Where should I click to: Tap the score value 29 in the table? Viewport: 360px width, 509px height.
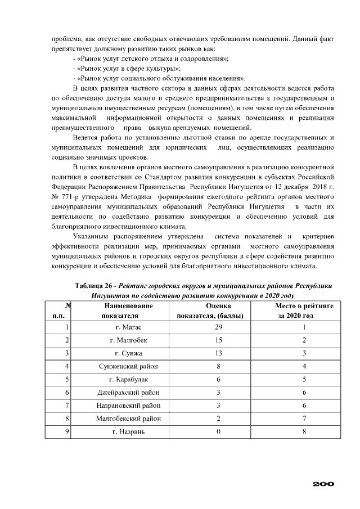click(x=210, y=327)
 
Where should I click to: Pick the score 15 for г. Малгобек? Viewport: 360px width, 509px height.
click(x=210, y=340)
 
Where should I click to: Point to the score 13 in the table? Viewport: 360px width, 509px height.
click(x=210, y=353)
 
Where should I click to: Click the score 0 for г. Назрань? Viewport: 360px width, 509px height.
click(x=210, y=431)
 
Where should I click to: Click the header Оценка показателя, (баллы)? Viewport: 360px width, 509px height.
click(x=210, y=310)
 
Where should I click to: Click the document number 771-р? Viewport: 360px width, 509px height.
click(x=73, y=197)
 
